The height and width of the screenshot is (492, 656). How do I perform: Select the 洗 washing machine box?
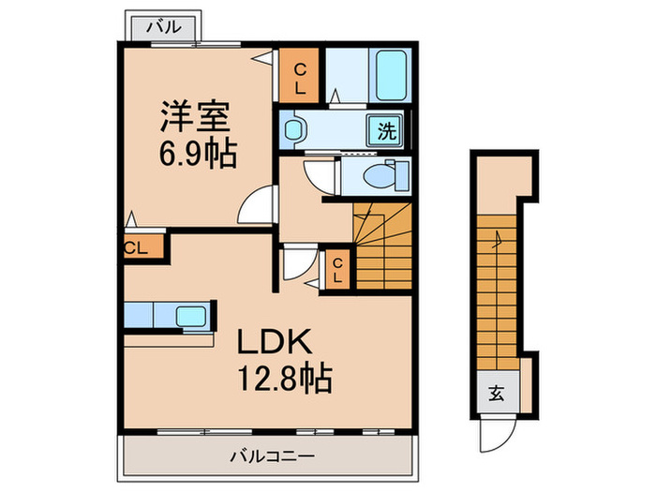click(386, 130)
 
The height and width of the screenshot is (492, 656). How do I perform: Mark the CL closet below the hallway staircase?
click(336, 270)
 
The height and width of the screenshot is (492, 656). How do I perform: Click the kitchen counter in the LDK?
click(169, 315)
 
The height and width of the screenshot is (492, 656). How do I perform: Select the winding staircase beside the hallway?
click(381, 246)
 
